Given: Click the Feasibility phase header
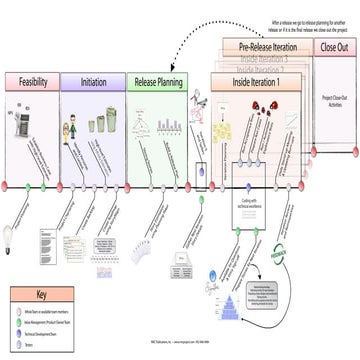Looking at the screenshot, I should tap(30, 81).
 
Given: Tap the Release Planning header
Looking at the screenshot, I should tap(157, 81).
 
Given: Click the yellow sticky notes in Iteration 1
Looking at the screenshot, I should tap(246, 129).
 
